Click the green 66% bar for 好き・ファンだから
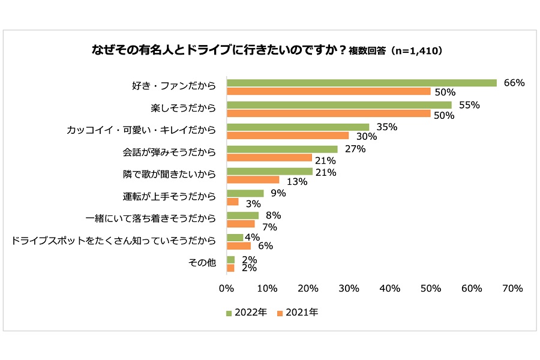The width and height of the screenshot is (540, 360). point(361,83)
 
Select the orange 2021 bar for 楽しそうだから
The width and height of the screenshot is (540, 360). point(328,113)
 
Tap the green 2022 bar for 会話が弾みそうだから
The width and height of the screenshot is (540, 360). point(282,149)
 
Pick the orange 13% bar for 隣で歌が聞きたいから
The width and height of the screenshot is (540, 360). point(253,179)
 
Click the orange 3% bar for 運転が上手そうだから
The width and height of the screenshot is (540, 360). point(233,202)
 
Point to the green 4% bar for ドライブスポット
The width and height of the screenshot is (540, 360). point(235,238)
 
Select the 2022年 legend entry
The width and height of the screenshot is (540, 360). point(247,313)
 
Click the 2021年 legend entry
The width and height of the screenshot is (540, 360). point(298,313)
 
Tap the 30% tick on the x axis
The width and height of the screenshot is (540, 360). point(349,289)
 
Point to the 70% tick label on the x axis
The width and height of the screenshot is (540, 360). point(512,289)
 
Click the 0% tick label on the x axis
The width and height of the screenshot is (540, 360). point(226,289)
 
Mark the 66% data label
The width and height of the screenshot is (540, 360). point(514,83)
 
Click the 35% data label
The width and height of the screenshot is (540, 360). point(386,127)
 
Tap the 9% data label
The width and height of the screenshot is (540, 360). point(278,193)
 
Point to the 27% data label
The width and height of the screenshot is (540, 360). point(355,149)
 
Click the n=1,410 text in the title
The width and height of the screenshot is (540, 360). point(416,52)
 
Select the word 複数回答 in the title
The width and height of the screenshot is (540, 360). point(368,52)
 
